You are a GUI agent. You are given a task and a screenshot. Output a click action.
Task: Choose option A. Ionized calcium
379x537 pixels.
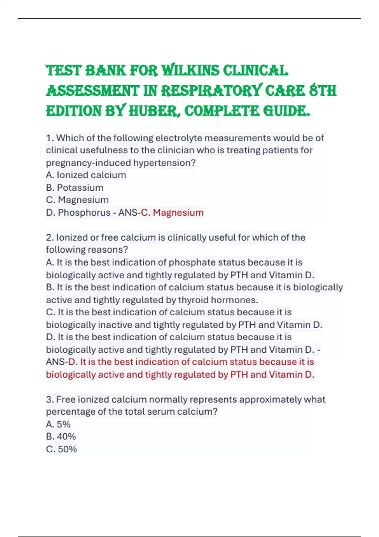click(86, 175)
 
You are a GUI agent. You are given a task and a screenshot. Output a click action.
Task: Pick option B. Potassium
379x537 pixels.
click(75, 188)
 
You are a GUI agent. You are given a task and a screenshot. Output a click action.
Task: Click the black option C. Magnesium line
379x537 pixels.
click(77, 200)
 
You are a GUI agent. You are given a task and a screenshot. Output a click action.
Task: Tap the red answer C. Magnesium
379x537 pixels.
click(172, 213)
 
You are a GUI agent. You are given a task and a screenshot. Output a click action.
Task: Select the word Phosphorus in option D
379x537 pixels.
click(84, 213)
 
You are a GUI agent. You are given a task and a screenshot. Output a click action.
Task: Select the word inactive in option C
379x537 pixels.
click(115, 325)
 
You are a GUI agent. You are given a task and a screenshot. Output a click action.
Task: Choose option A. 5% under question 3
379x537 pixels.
click(58, 424)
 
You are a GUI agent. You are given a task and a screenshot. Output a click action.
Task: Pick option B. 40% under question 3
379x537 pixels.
click(61, 437)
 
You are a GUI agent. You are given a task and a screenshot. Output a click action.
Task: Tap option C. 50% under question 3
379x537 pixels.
click(61, 449)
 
